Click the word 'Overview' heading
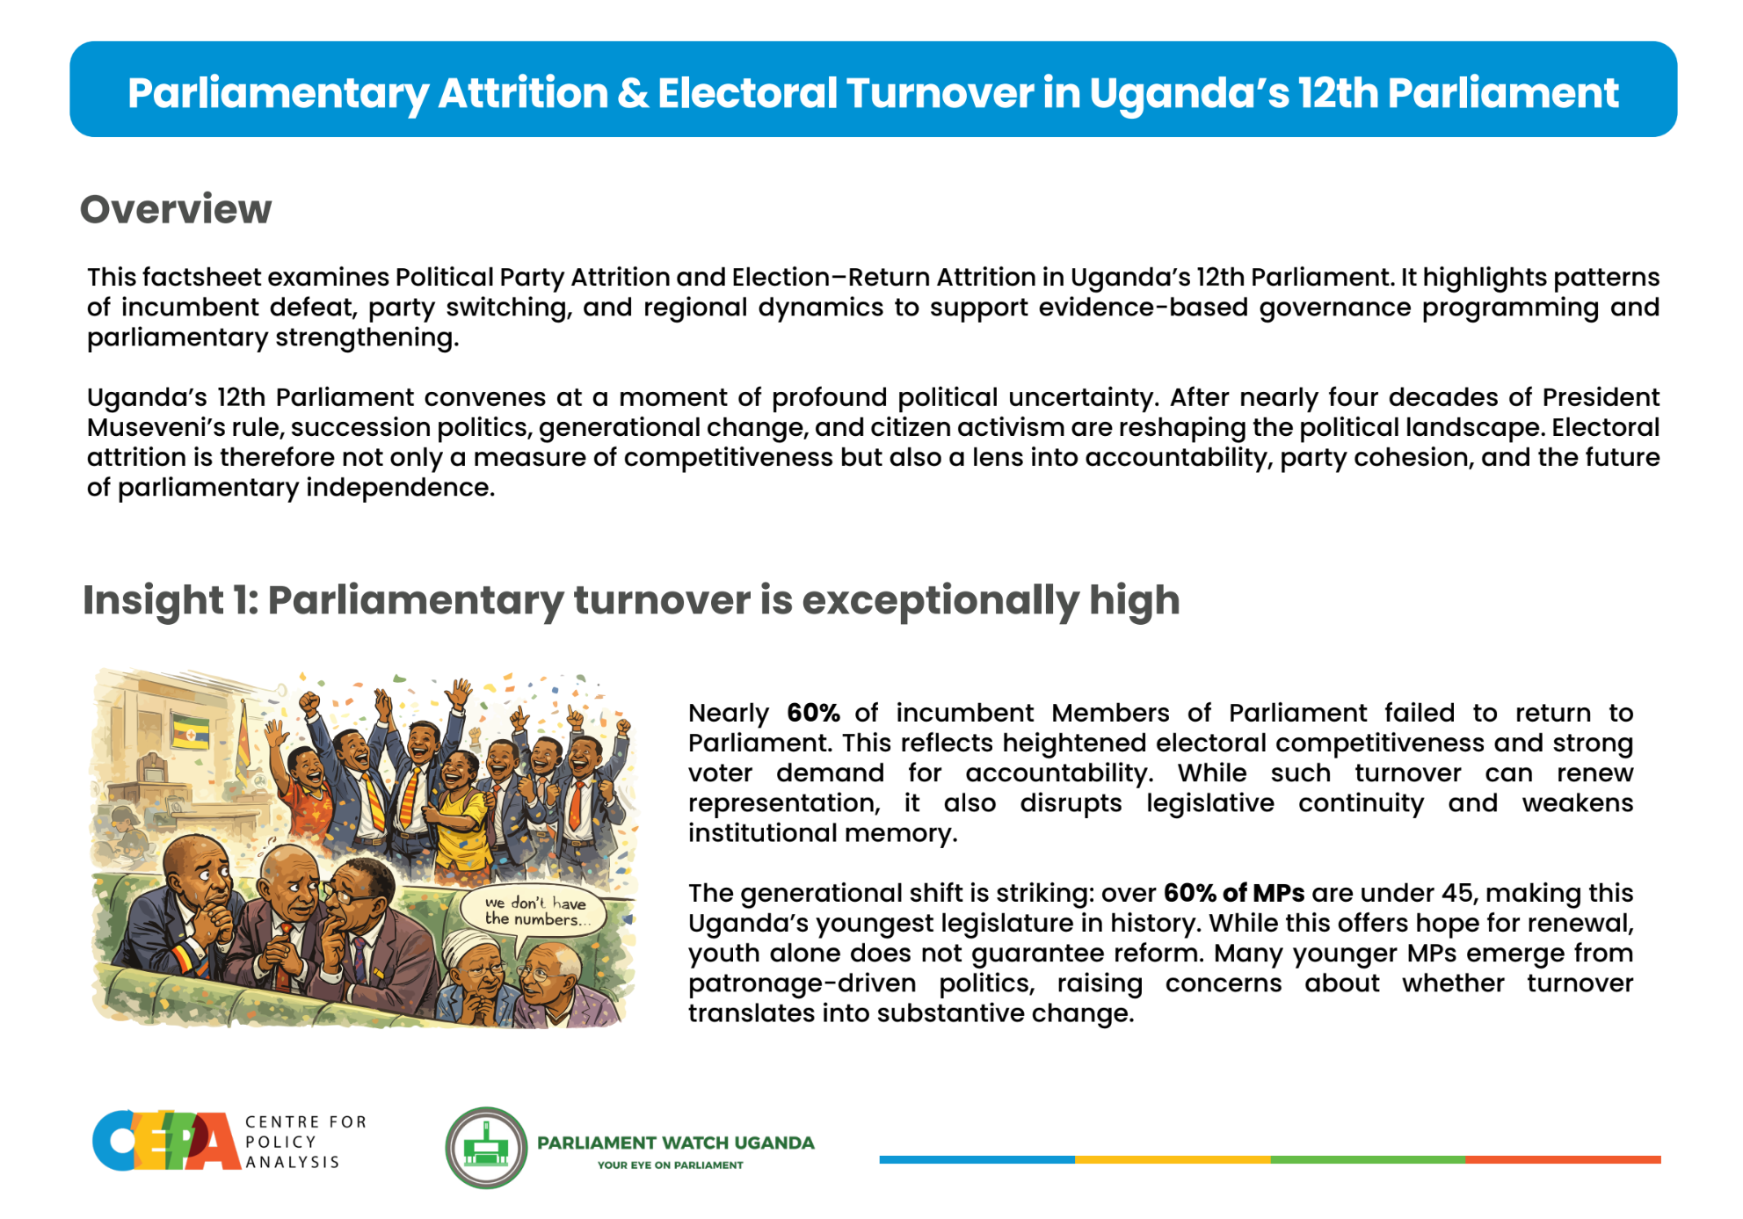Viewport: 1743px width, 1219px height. pos(176,209)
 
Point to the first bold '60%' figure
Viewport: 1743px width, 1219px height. pos(813,713)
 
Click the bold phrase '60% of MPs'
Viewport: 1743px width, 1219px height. pos(1234,893)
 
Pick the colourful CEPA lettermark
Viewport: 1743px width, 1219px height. pos(166,1141)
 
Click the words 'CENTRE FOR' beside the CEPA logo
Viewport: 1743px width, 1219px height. pos(306,1122)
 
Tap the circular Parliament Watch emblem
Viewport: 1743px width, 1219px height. pos(486,1148)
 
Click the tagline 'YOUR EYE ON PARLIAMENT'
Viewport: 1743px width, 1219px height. pos(671,1165)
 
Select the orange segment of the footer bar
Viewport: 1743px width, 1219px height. pos(1563,1160)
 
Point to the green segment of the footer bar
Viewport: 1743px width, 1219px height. pos(1368,1160)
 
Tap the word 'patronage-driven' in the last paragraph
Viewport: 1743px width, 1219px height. pos(802,983)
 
